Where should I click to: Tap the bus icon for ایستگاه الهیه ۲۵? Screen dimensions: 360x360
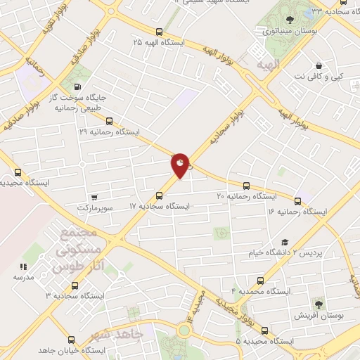coord(160,32)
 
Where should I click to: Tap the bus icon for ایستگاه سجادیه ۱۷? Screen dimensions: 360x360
coord(160,195)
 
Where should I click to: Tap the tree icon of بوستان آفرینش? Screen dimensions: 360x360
coord(319,304)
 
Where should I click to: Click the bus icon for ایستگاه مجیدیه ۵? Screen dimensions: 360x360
coord(264,330)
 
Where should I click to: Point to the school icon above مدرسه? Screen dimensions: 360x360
coord(23,266)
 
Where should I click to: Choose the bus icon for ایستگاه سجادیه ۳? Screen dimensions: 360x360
coord(75,285)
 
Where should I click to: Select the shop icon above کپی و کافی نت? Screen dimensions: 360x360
coord(319,64)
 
